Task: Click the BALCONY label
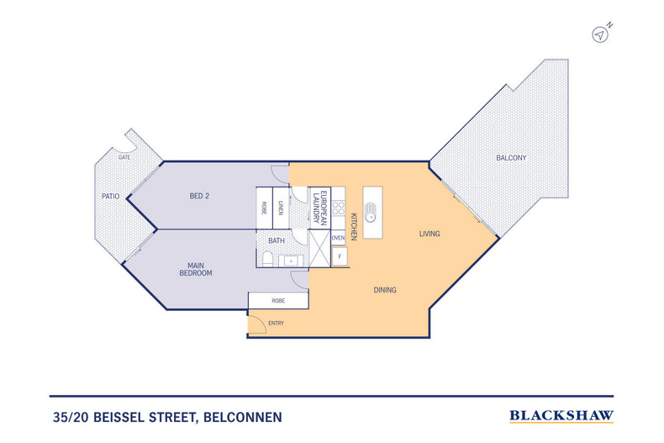click(511, 158)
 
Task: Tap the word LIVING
click(430, 234)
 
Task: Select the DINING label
click(385, 290)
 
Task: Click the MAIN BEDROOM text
click(195, 269)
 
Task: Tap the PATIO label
click(111, 197)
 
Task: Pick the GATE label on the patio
click(124, 158)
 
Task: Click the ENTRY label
click(276, 324)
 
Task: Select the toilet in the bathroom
click(266, 261)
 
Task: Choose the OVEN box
click(338, 238)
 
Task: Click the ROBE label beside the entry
click(277, 300)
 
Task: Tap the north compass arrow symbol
click(600, 34)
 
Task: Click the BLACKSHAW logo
click(561, 415)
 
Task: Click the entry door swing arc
click(257, 324)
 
